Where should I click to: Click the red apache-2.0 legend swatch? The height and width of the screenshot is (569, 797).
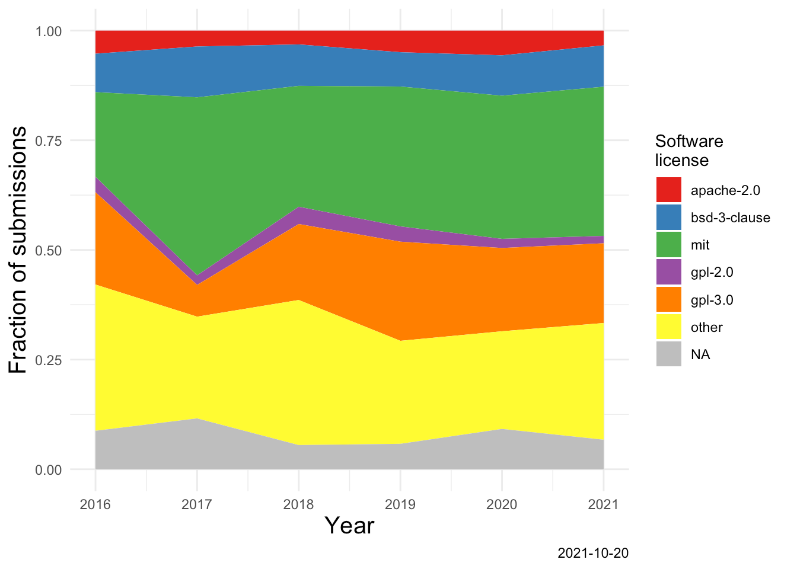(x=668, y=190)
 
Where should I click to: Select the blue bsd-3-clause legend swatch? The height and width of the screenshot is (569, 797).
(x=668, y=217)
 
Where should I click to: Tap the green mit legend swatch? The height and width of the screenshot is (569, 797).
(x=668, y=245)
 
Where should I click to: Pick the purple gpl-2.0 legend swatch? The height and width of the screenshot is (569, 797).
(x=668, y=272)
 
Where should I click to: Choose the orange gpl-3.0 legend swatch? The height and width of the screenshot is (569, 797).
(x=668, y=299)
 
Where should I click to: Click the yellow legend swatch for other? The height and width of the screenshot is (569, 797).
(x=668, y=327)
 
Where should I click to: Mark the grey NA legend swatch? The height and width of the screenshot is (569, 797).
(x=668, y=354)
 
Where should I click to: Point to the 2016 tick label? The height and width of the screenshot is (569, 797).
(x=95, y=505)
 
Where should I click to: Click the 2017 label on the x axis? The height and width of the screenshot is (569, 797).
(x=197, y=505)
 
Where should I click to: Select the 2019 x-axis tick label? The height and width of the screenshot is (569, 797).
(x=400, y=505)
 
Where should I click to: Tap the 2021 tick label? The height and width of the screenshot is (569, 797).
(x=603, y=505)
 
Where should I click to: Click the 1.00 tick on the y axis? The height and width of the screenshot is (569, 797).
(x=48, y=31)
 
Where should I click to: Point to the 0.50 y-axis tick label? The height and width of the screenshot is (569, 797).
(x=48, y=251)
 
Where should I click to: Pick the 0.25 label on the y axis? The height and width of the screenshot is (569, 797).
(x=48, y=360)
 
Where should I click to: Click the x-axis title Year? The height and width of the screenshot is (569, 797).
(x=350, y=526)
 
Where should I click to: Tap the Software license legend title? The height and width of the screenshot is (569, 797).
(x=688, y=151)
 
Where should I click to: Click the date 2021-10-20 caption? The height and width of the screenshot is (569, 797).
(x=593, y=554)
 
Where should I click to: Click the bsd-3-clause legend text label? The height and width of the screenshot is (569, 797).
(x=730, y=218)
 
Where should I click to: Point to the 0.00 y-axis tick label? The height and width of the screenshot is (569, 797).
(x=48, y=470)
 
